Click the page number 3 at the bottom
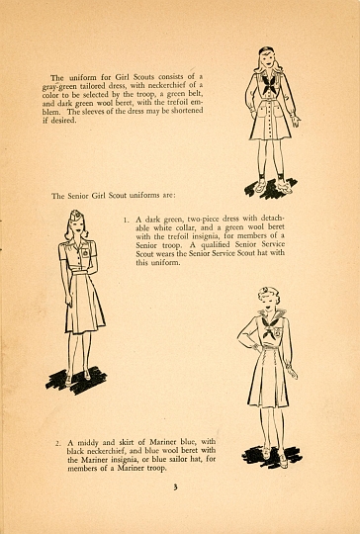(x=175, y=487)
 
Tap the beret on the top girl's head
(x=266, y=50)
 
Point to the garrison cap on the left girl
(x=75, y=216)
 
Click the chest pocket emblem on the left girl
(x=84, y=254)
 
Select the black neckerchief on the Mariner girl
(x=270, y=327)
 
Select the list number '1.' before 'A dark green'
(x=126, y=220)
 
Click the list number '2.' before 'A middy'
(x=58, y=443)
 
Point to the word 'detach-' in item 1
(x=272, y=218)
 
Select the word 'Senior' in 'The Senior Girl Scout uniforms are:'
(x=78, y=196)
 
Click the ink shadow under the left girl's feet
(x=76, y=380)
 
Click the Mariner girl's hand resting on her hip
(x=256, y=347)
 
